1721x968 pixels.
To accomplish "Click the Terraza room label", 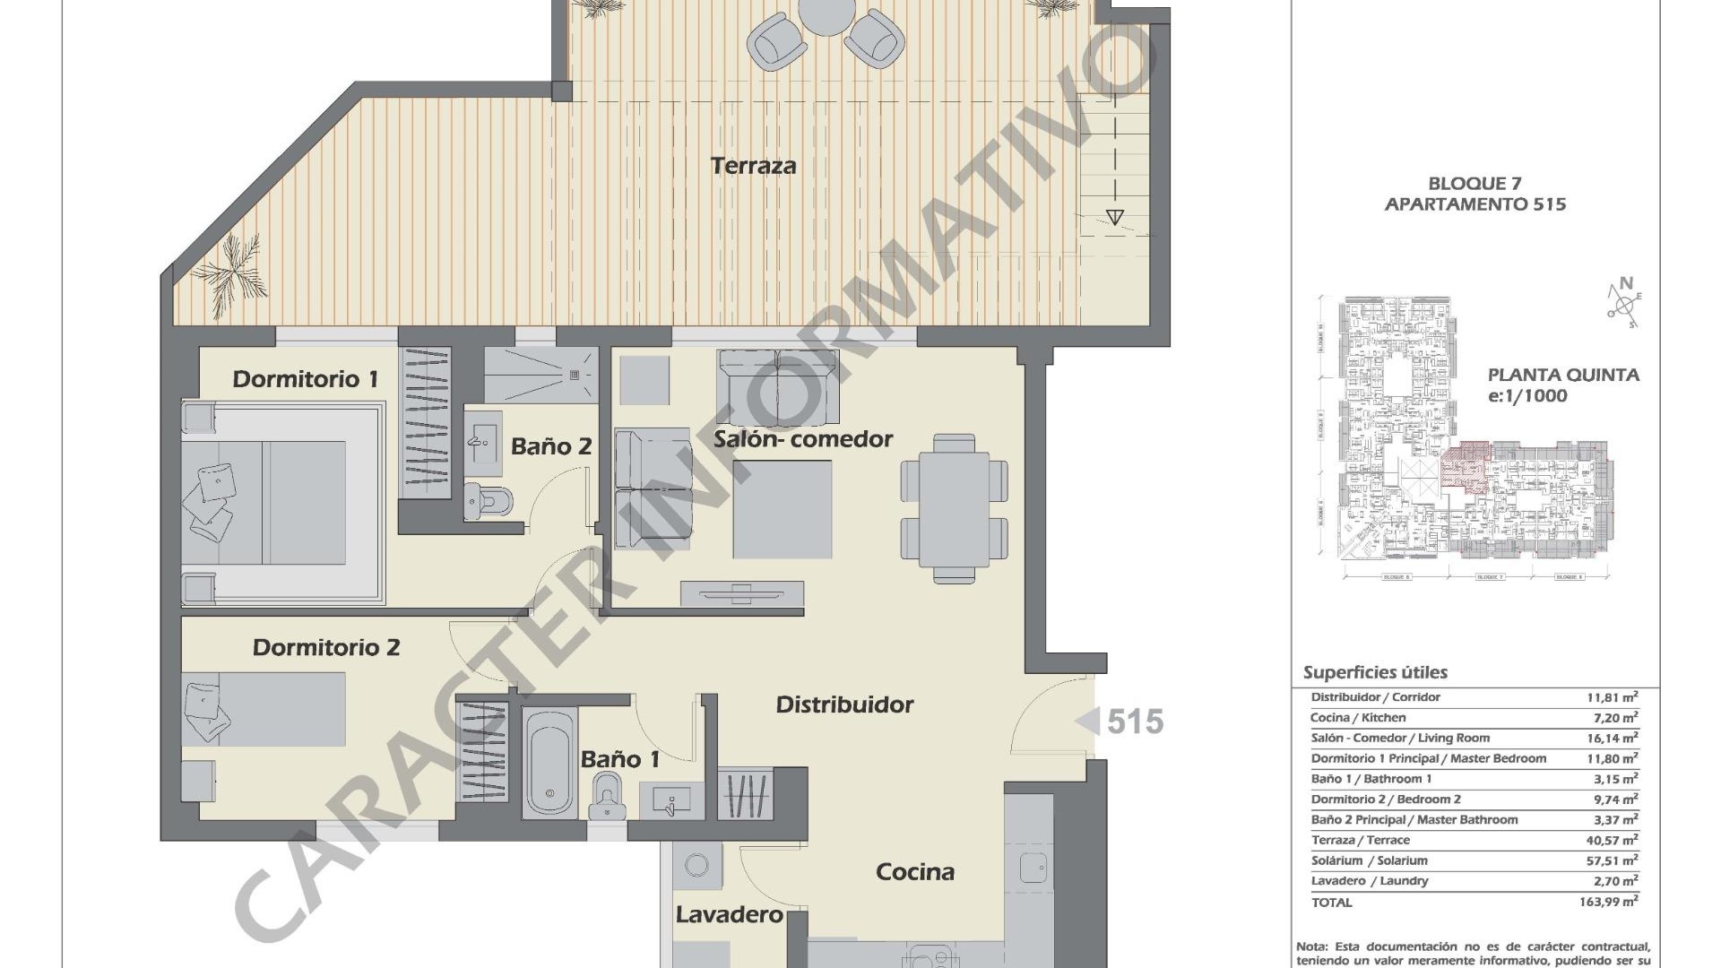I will pyautogui.click(x=753, y=166).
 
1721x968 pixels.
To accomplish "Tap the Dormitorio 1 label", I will pyautogui.click(x=305, y=379).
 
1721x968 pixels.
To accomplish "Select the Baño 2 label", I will pyautogui.click(x=551, y=446).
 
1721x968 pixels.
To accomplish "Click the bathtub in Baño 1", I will pyautogui.click(x=549, y=762).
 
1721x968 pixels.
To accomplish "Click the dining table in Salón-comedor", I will pyautogui.click(x=954, y=508).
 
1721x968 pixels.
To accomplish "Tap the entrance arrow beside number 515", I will pyautogui.click(x=1088, y=722).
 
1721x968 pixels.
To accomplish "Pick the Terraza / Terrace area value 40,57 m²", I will pyautogui.click(x=1612, y=840).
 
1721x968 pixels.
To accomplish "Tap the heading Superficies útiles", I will pyautogui.click(x=1375, y=672).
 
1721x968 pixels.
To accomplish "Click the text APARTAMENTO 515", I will pyautogui.click(x=1475, y=204).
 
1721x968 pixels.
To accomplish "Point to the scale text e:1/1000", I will pyautogui.click(x=1527, y=396).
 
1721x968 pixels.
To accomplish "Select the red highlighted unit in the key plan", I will pyautogui.click(x=1465, y=466).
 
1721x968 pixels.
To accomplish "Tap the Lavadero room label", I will pyautogui.click(x=729, y=915).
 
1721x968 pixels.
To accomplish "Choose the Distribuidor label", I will pyautogui.click(x=844, y=705).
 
